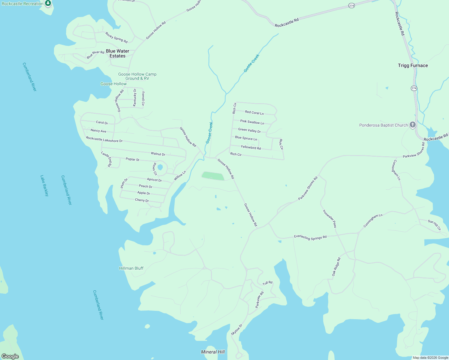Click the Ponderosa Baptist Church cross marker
point(412,124)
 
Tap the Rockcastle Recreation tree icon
point(48,3)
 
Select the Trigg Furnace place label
point(413,65)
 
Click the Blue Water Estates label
point(117,53)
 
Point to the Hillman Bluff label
point(131,268)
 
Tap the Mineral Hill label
point(213,352)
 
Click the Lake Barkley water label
point(44,186)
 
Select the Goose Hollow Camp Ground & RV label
point(137,76)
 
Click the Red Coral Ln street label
point(254,113)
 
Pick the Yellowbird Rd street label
point(251,148)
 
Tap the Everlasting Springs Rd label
point(310,237)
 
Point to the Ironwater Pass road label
point(330,218)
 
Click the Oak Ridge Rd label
point(336,267)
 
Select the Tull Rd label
point(267,283)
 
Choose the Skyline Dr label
point(237,330)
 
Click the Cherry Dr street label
point(142,200)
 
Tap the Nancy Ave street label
point(98,131)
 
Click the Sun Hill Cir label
point(434,225)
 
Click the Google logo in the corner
point(10,356)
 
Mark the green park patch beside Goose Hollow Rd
point(213,176)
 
